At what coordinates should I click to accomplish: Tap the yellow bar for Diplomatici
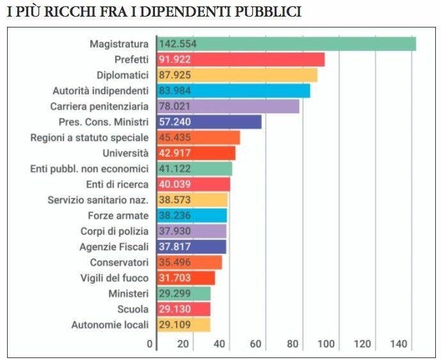tap(237, 75)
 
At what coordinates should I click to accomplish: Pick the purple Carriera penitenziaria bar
tap(229, 107)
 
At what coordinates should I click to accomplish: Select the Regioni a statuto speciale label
tap(90, 137)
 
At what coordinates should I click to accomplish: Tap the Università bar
tap(196, 153)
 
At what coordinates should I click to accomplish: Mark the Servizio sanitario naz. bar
tap(192, 200)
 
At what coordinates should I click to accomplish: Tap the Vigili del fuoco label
tap(115, 278)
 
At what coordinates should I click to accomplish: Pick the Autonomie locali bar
tap(184, 325)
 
